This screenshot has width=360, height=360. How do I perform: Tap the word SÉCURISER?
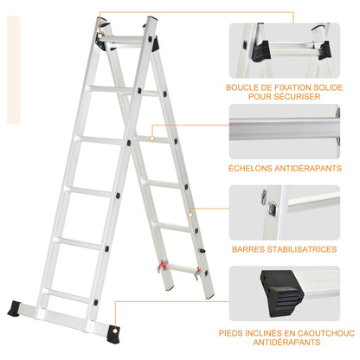click(303, 97)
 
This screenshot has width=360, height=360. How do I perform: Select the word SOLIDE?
click(333, 87)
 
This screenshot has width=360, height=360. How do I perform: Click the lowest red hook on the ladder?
click(197, 273)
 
